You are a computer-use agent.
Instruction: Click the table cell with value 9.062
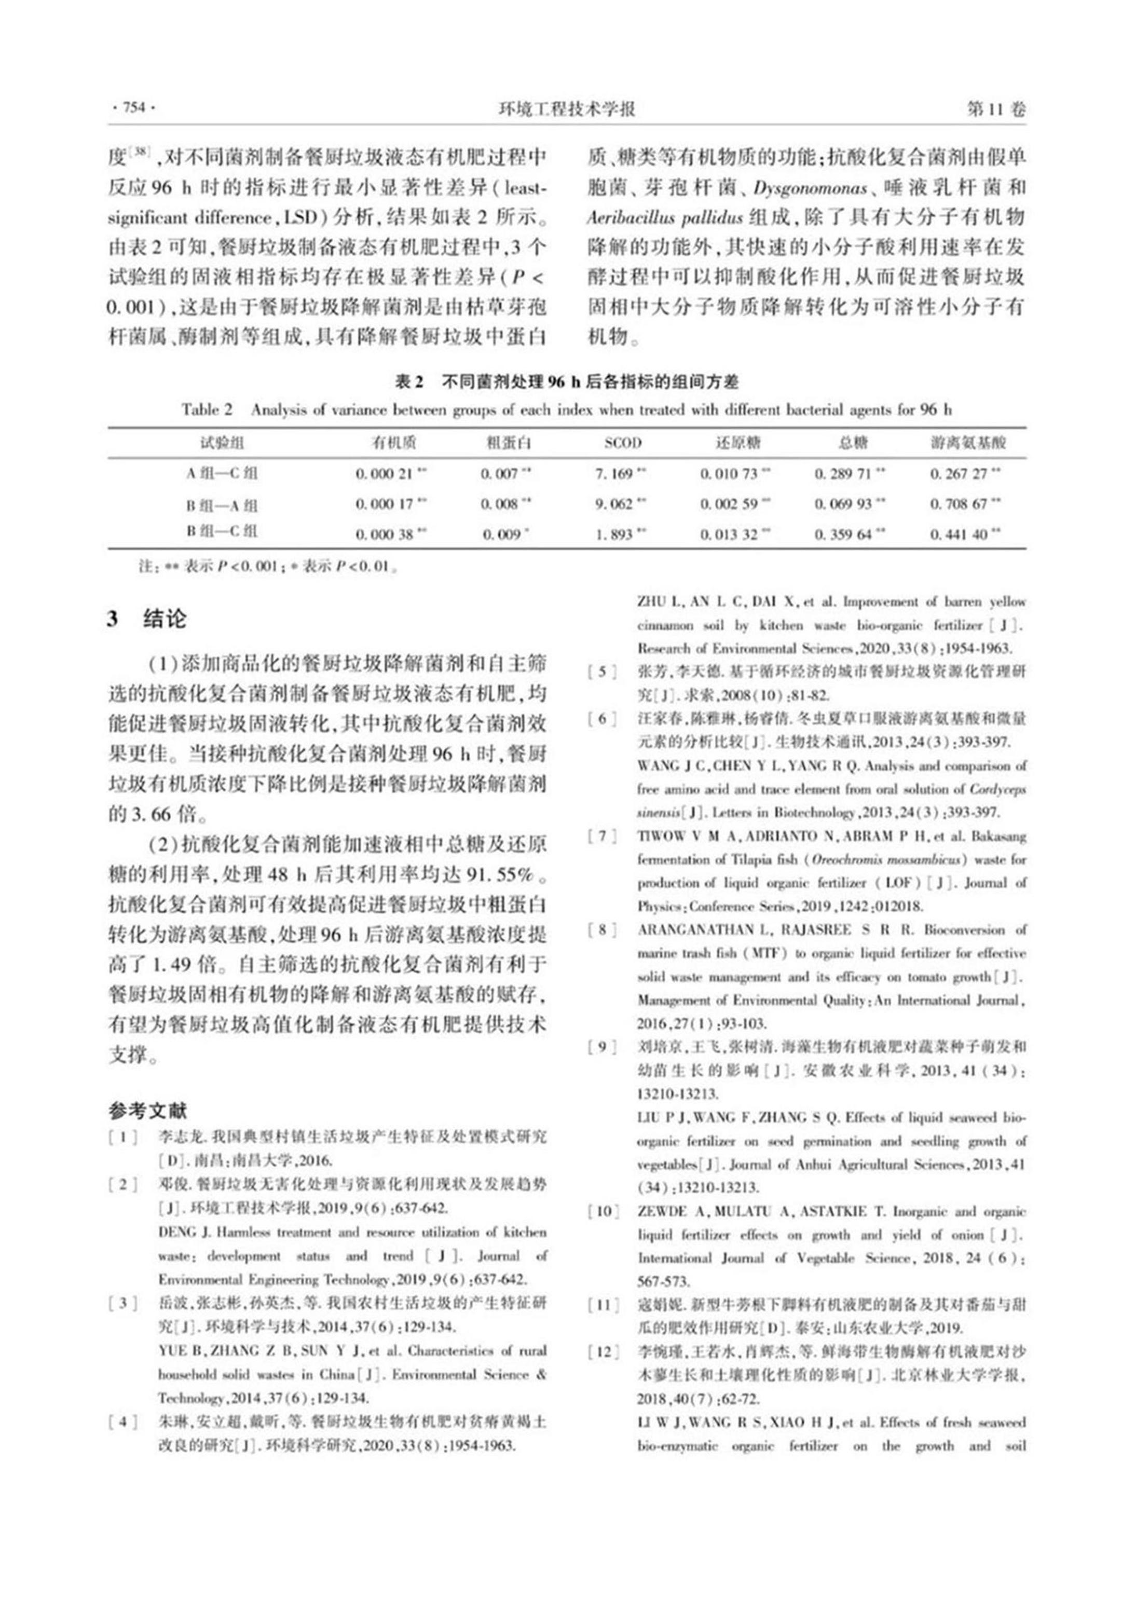615,504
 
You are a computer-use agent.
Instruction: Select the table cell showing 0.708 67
959,504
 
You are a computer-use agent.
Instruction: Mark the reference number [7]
603,837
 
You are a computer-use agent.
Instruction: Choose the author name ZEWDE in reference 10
661,1212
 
